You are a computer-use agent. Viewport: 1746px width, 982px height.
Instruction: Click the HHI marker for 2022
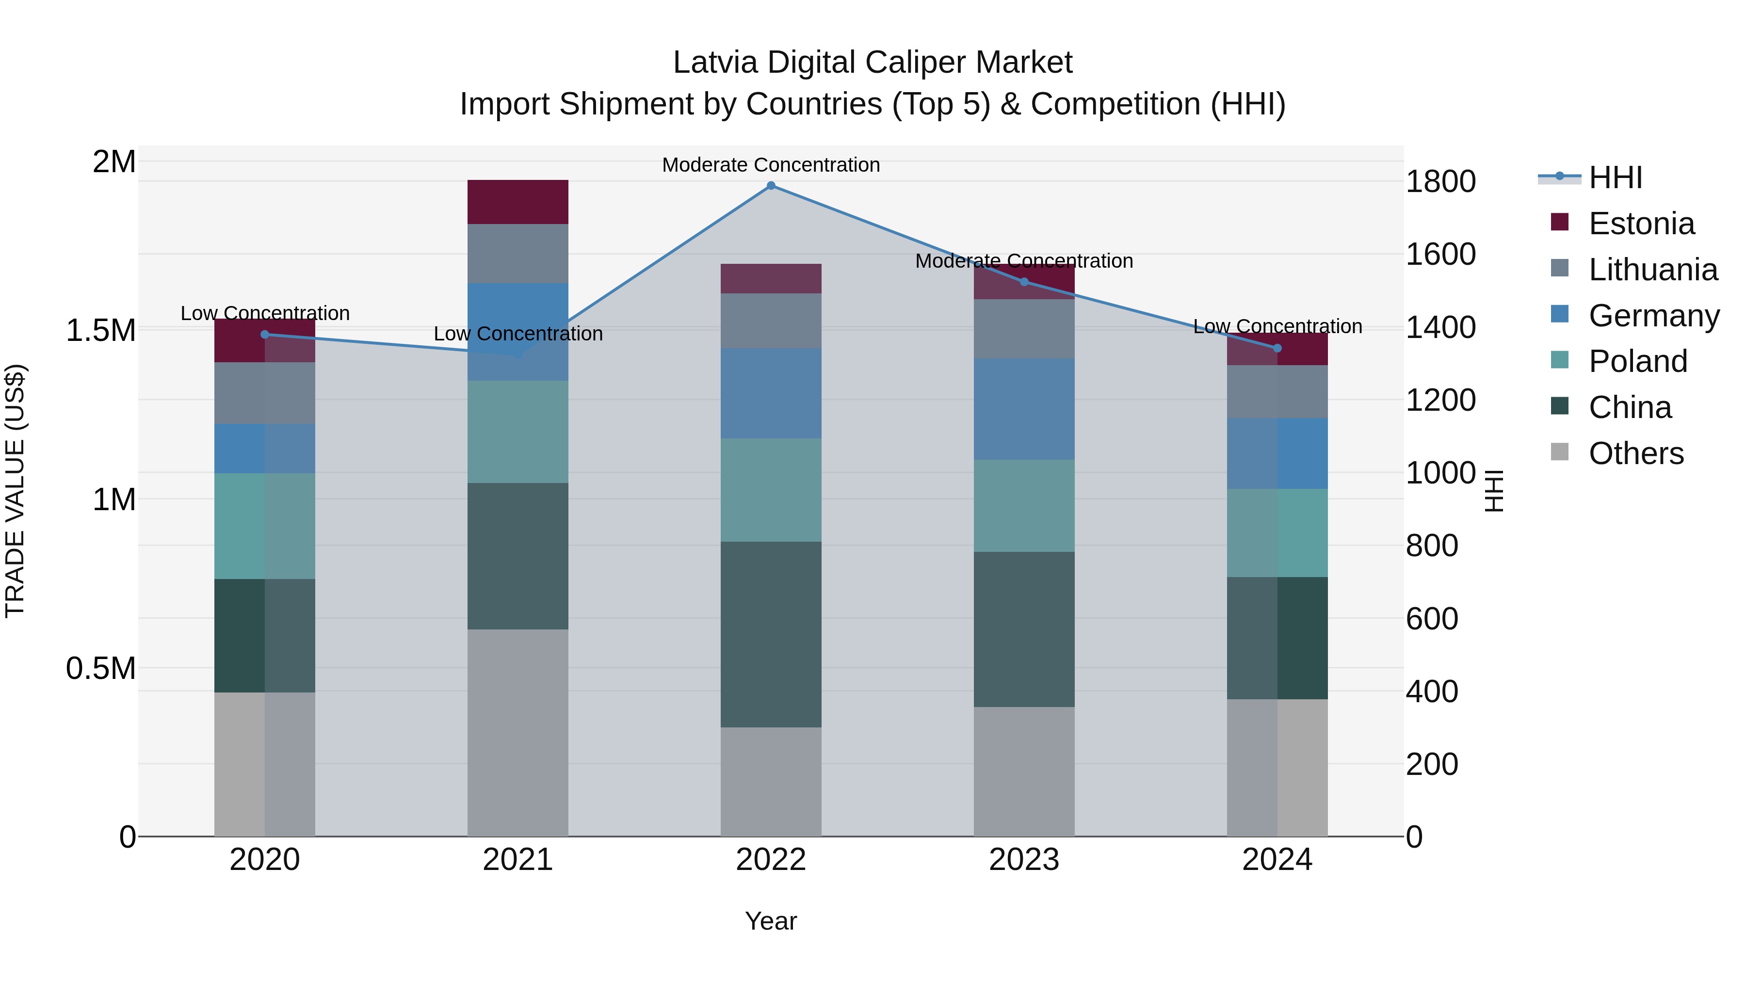coord(771,186)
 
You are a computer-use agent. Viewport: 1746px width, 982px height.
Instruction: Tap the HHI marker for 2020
coord(265,334)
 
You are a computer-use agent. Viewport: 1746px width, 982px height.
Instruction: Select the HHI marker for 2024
coord(1277,348)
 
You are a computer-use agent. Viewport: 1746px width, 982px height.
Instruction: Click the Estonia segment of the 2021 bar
coord(518,202)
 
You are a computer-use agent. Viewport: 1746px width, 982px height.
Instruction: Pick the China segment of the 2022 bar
coord(771,634)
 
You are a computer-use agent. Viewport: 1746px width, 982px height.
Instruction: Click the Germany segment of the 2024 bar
coord(1277,453)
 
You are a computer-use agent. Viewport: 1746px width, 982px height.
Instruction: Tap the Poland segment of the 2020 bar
coord(265,526)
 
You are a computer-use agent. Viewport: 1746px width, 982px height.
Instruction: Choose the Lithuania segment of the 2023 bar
coord(1023,329)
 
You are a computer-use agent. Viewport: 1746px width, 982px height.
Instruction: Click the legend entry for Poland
coord(1637,361)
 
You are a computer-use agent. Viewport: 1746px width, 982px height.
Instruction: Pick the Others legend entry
coord(1635,453)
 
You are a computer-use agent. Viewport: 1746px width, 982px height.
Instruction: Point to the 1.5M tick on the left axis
coord(101,331)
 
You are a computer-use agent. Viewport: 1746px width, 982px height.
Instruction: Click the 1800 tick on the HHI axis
coord(1440,182)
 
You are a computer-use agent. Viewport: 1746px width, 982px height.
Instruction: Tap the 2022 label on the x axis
coord(771,860)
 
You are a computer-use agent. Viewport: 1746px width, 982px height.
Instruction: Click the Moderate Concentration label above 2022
coord(771,165)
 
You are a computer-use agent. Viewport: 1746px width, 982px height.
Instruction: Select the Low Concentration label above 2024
coord(1277,327)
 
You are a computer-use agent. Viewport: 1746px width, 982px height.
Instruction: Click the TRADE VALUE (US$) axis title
coord(15,491)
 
